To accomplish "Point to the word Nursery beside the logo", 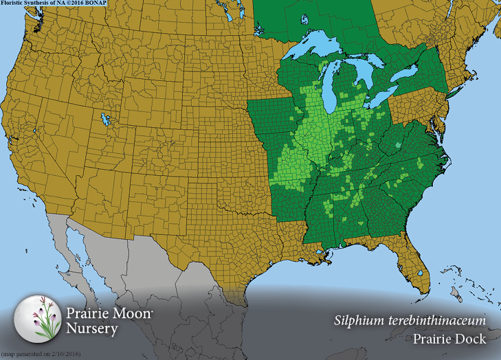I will (x=92, y=328).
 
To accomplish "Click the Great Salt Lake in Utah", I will (x=105, y=120).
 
